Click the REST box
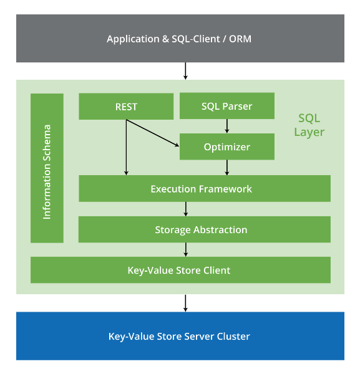(x=126, y=107)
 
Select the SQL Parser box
(x=227, y=106)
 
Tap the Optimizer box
(x=227, y=146)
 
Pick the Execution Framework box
(x=205, y=188)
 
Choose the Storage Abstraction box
(x=205, y=229)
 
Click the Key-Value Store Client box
(x=180, y=270)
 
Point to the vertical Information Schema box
(x=47, y=168)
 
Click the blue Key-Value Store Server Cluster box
(x=180, y=336)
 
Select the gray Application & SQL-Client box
(x=180, y=39)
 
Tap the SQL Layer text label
(x=309, y=125)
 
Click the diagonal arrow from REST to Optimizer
(x=152, y=133)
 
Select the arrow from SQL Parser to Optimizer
(x=227, y=126)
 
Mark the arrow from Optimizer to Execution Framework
(x=227, y=168)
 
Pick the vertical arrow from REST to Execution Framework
(x=126, y=147)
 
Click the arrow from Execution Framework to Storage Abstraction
(x=186, y=209)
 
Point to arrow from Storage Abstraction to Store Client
(x=186, y=250)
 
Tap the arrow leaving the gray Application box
(x=185, y=71)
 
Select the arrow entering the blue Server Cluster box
(x=185, y=303)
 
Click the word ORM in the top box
(x=240, y=39)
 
